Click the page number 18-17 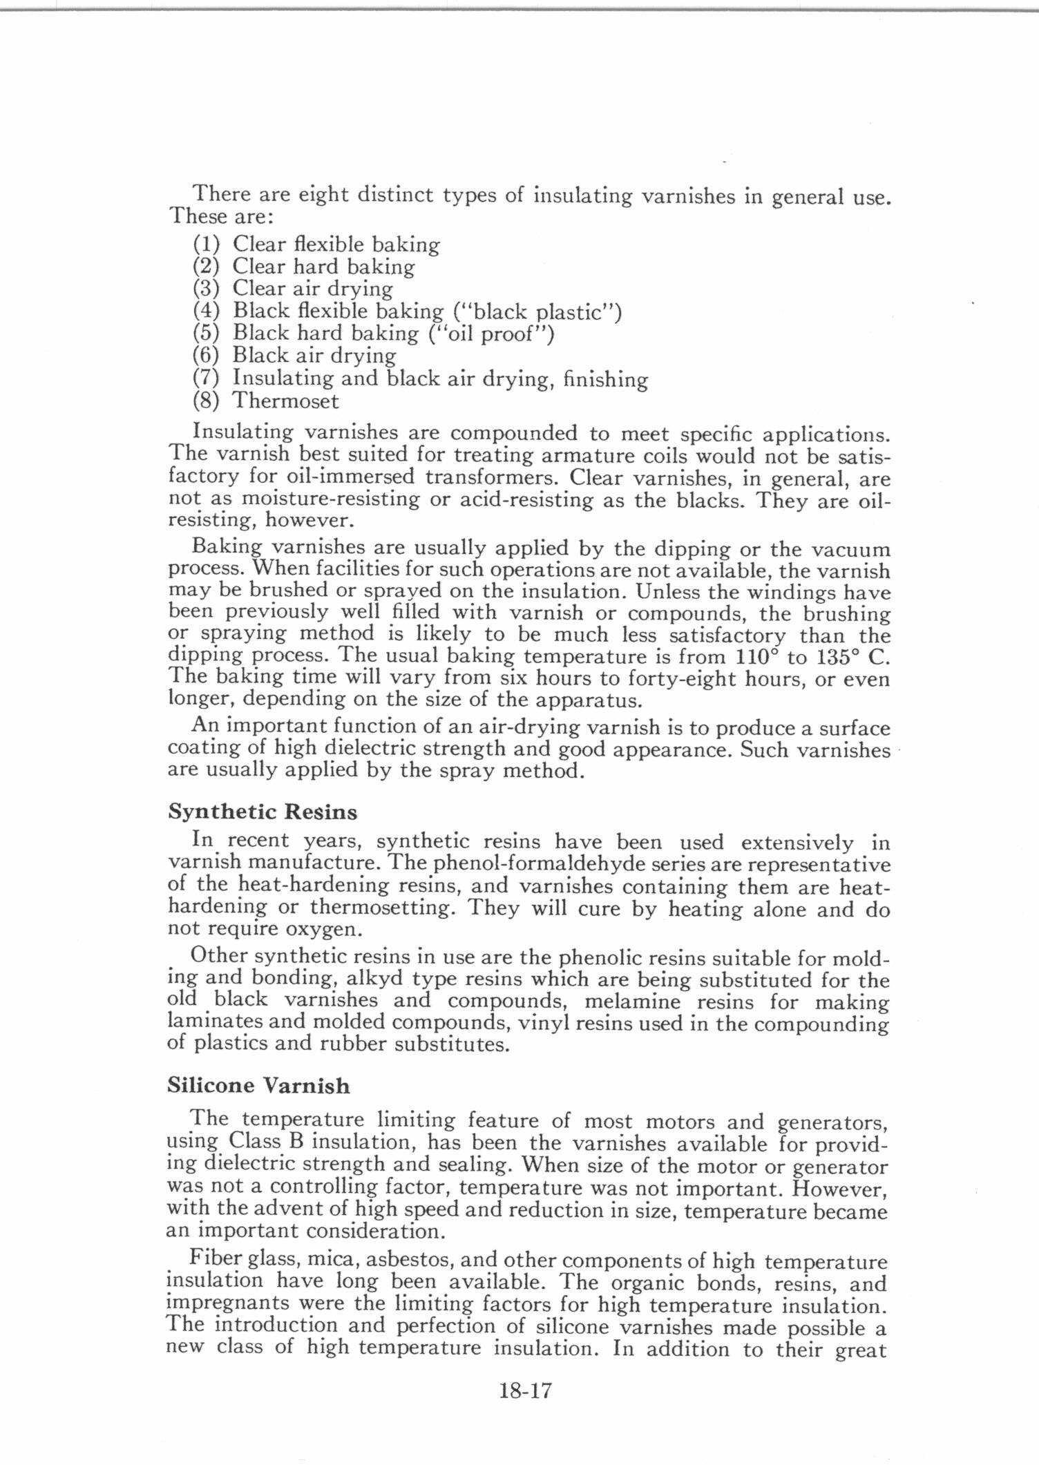coord(525,1390)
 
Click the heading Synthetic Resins coord(263,812)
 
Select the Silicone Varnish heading coord(258,1086)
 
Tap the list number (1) coord(206,244)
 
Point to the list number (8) coord(206,401)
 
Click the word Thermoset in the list coord(285,401)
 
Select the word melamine coord(632,1001)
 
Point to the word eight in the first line coord(323,195)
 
